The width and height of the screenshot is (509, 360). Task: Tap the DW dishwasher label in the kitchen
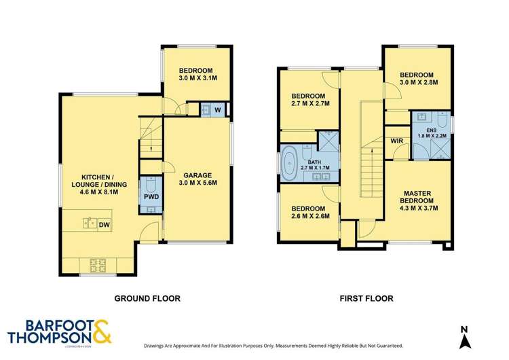pyautogui.click(x=105, y=223)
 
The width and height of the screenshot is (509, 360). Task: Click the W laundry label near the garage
pyautogui.click(x=217, y=109)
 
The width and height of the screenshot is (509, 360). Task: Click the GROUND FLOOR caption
pyautogui.click(x=147, y=298)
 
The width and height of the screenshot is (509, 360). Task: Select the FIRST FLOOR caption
pyautogui.click(x=364, y=298)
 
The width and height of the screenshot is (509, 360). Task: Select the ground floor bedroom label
pyautogui.click(x=196, y=71)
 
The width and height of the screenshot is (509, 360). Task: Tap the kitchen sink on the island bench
pyautogui.click(x=89, y=221)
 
